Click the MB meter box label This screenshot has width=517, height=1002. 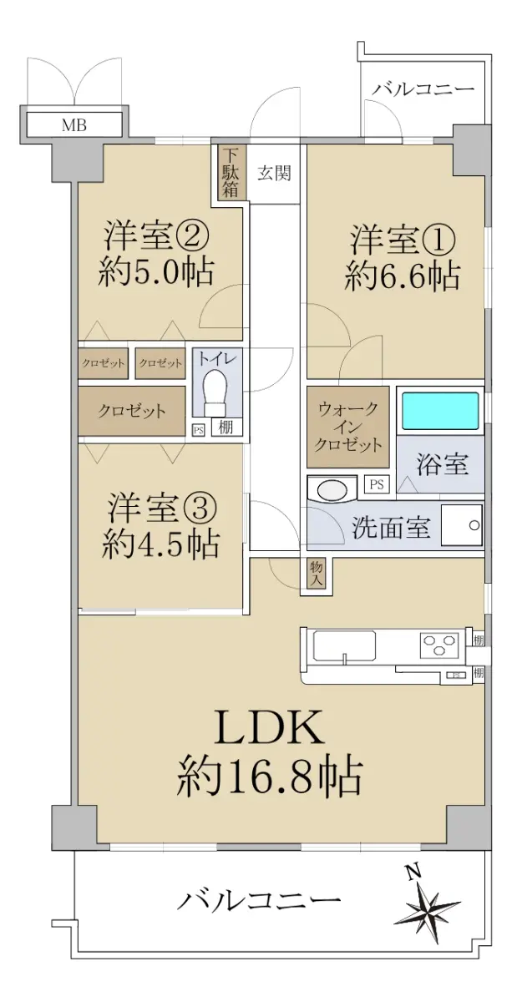[x=73, y=125]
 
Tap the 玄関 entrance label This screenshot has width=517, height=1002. [x=274, y=173]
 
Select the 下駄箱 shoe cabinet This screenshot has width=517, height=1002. [x=231, y=172]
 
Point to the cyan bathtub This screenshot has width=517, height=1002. [x=440, y=411]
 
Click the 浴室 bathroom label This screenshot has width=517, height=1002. [x=442, y=464]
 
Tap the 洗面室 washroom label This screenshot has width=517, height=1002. [x=391, y=528]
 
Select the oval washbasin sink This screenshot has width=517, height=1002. [x=332, y=490]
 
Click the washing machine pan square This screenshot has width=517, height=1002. [x=463, y=525]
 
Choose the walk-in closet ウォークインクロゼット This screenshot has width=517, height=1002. [x=347, y=428]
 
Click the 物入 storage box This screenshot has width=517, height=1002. [x=316, y=574]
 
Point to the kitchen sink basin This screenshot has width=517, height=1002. [x=344, y=645]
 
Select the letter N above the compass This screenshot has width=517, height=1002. [x=413, y=870]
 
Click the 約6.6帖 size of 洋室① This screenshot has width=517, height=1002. [x=403, y=276]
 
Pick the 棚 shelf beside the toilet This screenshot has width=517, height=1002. [x=226, y=428]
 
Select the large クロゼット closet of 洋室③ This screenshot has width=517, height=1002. [x=132, y=411]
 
